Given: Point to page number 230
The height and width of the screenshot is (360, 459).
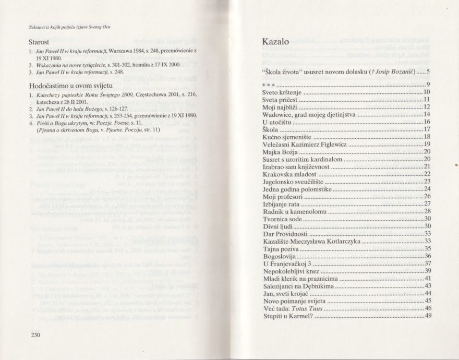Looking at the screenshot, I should tap(34, 334).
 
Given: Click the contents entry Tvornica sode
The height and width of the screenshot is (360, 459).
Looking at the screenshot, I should tap(284, 219).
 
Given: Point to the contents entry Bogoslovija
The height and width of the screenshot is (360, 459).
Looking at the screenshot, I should tap(282, 256).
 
